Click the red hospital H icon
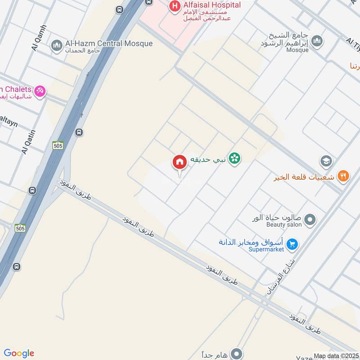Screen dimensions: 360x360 tap(174, 6)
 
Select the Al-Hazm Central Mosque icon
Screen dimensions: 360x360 tap(57, 45)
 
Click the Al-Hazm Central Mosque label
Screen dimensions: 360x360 tap(109, 44)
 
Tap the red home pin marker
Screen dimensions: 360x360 tap(179, 162)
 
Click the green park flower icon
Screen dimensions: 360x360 tap(234, 158)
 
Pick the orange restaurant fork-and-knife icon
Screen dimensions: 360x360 tap(343, 176)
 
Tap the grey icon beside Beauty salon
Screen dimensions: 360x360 tap(310, 220)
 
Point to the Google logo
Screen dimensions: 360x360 tap(19, 353)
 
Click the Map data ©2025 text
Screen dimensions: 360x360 tap(336, 355)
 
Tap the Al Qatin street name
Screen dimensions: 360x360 tap(28, 140)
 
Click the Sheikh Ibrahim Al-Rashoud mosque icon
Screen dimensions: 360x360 tap(317, 41)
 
